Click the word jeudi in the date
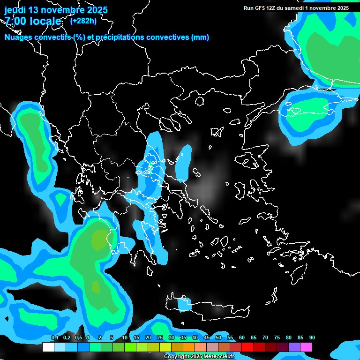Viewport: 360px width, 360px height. pyautogui.click(x=16, y=10)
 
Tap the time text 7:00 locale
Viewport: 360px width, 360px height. pyautogui.click(x=33, y=21)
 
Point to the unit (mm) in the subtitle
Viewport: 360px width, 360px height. pyautogui.click(x=200, y=37)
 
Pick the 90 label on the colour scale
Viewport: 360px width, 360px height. pyautogui.click(x=312, y=337)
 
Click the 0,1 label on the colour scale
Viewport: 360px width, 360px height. pyautogui.click(x=55, y=337)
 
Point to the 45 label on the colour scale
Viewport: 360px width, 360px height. pyautogui.click(x=207, y=337)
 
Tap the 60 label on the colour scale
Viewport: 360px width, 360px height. pyautogui.click(x=242, y=337)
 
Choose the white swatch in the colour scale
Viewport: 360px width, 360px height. pyautogui.click(x=48, y=347)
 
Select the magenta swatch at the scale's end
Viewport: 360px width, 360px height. pyautogui.click(x=306, y=347)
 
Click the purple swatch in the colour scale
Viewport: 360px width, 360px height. pyautogui.click(x=294, y=347)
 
